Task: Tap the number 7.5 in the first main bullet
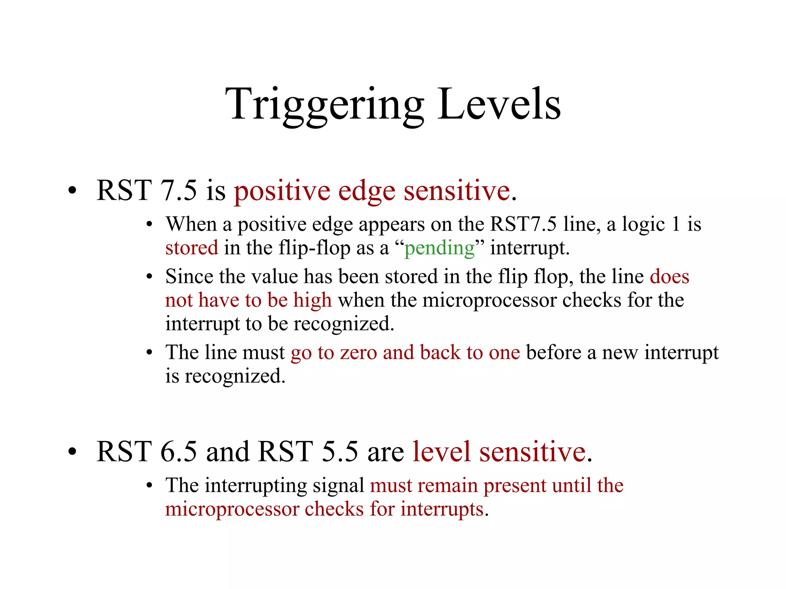(x=178, y=190)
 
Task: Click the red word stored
(x=192, y=248)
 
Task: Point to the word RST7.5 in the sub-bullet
(x=523, y=224)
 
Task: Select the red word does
(x=669, y=276)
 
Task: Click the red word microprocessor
(x=232, y=510)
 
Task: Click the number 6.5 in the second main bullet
(x=178, y=452)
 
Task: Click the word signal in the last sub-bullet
(x=338, y=486)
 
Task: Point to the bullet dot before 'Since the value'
(x=150, y=277)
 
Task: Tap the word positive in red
(x=282, y=191)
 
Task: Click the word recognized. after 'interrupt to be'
(x=344, y=324)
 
